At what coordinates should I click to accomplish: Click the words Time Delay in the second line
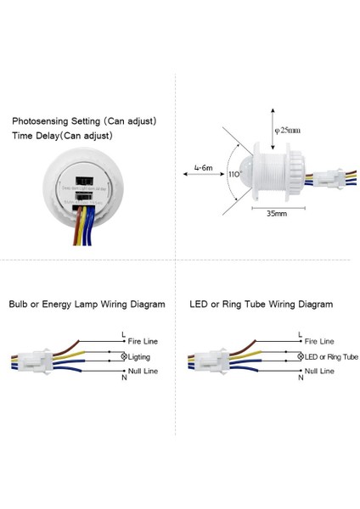[37, 135]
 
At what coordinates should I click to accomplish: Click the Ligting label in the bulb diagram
[145, 357]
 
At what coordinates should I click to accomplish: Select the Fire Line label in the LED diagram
[320, 341]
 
